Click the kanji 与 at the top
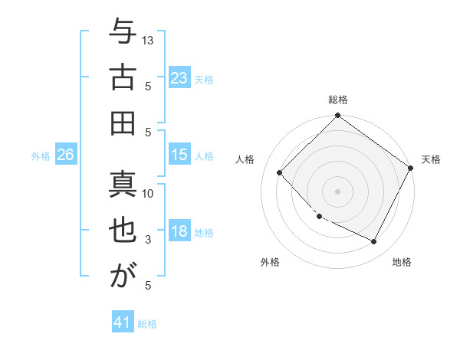pyautogui.click(x=123, y=34)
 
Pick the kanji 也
pyautogui.click(x=123, y=231)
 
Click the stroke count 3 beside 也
pyautogui.click(x=149, y=240)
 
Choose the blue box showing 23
pyautogui.click(x=179, y=78)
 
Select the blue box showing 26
pyautogui.click(x=65, y=155)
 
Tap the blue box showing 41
pyautogui.click(x=123, y=322)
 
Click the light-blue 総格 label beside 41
pyautogui.click(x=147, y=324)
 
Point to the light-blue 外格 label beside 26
pyautogui.click(x=41, y=156)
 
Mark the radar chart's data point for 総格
pyautogui.click(x=337, y=116)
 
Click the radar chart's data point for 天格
pyautogui.click(x=411, y=169)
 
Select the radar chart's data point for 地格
pyautogui.click(x=374, y=242)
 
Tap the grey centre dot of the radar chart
pyautogui.click(x=337, y=191)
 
